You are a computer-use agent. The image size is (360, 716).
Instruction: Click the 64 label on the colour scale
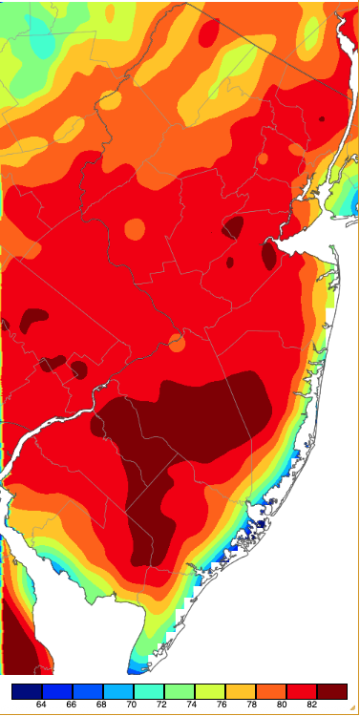41,705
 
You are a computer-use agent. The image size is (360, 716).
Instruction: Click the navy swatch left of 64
26,690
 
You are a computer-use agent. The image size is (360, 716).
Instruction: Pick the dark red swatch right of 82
333,690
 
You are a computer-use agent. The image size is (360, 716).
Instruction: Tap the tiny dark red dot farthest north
322,119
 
